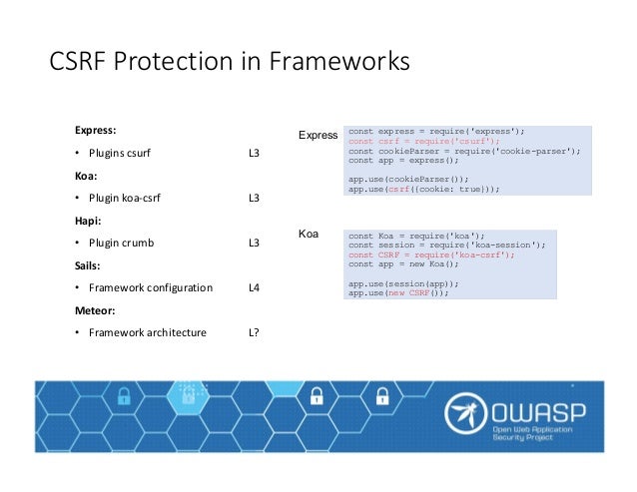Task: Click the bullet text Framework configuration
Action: coord(150,287)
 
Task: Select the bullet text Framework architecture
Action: coord(147,332)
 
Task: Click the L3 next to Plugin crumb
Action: coord(254,243)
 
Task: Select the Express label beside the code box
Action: coord(318,135)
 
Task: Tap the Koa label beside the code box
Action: coord(309,235)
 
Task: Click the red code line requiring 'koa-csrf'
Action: coord(431,254)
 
